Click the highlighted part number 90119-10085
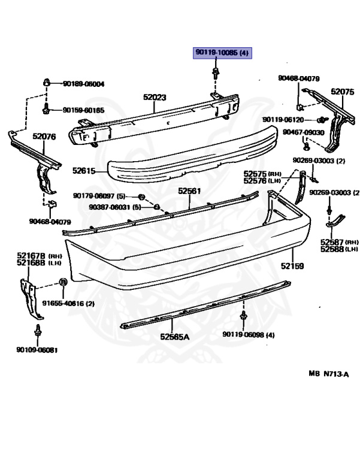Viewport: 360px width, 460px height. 216,53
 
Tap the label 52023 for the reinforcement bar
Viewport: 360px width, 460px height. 155,97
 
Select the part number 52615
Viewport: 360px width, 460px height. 84,171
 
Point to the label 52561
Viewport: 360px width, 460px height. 189,191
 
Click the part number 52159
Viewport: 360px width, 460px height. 292,266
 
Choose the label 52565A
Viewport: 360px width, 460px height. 175,337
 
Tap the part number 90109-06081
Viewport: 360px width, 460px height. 37,350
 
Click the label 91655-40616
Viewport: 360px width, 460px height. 63,303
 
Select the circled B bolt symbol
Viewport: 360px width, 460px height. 63,282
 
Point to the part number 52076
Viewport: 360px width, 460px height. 44,137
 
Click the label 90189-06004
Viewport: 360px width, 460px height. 84,84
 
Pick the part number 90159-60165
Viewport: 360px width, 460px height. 84,110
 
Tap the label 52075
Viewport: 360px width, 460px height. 343,92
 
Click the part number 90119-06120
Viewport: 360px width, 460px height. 283,120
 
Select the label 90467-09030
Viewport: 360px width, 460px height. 303,132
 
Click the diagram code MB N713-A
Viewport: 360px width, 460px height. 329,374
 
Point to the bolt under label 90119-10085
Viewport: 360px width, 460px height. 216,72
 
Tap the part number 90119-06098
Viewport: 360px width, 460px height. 243,334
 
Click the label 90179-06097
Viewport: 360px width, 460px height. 94,196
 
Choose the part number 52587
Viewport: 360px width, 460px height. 332,243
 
